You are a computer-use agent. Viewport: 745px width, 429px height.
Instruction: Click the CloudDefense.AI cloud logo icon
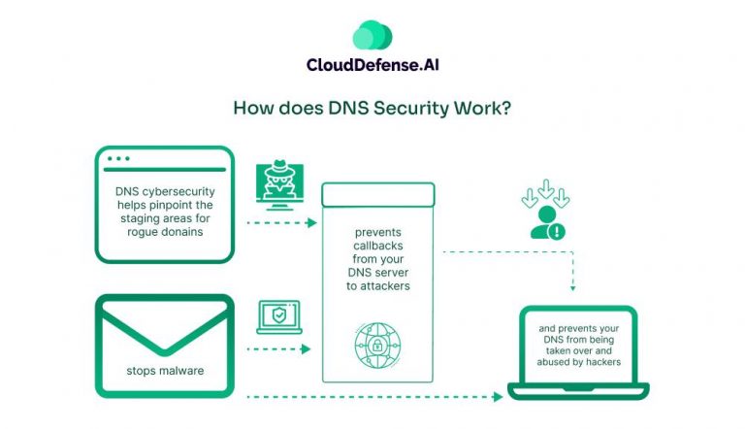(x=372, y=35)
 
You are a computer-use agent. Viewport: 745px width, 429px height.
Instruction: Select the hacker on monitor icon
(x=278, y=184)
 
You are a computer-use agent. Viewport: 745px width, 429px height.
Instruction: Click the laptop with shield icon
(x=278, y=316)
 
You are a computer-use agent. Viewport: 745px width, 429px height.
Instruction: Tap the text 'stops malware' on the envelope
(x=164, y=371)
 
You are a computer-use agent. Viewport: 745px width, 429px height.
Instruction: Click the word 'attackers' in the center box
(x=382, y=288)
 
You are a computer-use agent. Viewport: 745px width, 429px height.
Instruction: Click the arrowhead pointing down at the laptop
(x=573, y=288)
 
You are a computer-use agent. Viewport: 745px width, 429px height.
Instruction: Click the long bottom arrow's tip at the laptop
(x=502, y=396)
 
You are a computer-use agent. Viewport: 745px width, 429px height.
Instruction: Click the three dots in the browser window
(x=118, y=158)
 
